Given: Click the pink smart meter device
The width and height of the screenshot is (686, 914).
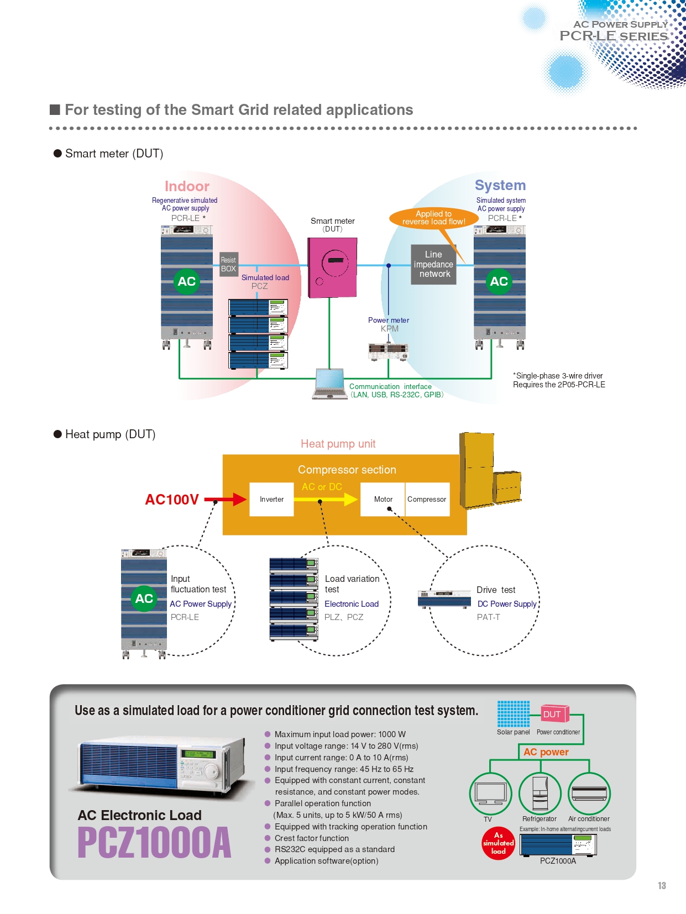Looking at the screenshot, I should pyautogui.click(x=332, y=267).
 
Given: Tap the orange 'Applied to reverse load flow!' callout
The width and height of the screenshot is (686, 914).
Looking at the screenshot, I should pyautogui.click(x=433, y=218).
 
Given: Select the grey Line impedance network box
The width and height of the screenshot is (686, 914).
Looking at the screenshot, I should pyautogui.click(x=434, y=265).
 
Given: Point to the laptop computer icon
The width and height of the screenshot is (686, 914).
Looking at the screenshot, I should pyautogui.click(x=331, y=384).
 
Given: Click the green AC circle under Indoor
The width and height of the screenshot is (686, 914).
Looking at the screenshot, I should pyautogui.click(x=187, y=281).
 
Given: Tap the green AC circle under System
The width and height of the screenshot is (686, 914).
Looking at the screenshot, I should pyautogui.click(x=499, y=281).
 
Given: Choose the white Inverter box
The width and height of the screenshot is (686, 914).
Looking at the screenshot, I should pyautogui.click(x=271, y=500).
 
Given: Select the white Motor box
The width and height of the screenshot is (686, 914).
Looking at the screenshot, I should pyautogui.click(x=383, y=500).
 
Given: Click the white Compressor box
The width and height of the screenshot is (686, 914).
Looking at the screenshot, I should pyautogui.click(x=427, y=500).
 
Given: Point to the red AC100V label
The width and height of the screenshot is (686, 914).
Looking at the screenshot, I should pyautogui.click(x=171, y=500).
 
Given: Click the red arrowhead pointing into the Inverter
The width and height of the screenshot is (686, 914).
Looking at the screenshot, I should pyautogui.click(x=240, y=500).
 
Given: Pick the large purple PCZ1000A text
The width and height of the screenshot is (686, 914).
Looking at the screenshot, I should pyautogui.click(x=154, y=843).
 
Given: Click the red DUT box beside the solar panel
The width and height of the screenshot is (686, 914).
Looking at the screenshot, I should pyautogui.click(x=552, y=714).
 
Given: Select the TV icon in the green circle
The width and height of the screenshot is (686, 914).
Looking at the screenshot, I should pyautogui.click(x=490, y=794).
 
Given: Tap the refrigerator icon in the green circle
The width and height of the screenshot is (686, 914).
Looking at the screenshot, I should pyautogui.click(x=540, y=794).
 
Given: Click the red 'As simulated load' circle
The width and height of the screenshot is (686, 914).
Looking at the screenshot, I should pyautogui.click(x=498, y=843).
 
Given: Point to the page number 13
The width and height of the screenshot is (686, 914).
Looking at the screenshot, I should pyautogui.click(x=662, y=886).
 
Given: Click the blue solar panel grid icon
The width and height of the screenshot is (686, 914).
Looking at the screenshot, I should pyautogui.click(x=513, y=714).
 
